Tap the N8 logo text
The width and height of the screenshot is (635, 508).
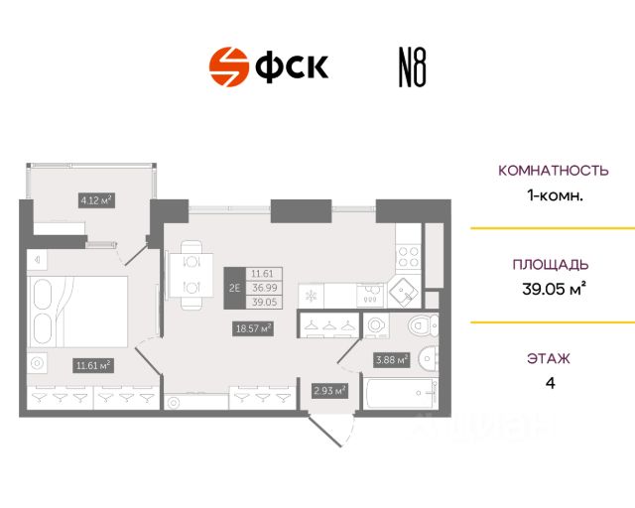pyautogui.click(x=411, y=67)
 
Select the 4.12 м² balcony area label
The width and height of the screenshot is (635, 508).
pyautogui.click(x=96, y=199)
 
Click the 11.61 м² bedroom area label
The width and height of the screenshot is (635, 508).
pyautogui.click(x=94, y=364)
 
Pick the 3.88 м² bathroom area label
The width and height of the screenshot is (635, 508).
pyautogui.click(x=391, y=360)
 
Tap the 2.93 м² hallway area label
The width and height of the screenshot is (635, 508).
pyautogui.click(x=329, y=391)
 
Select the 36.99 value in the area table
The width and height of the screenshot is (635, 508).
pyautogui.click(x=263, y=288)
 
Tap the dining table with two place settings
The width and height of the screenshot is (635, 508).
pyautogui.click(x=189, y=275)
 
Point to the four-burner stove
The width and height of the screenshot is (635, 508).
pyautogui.click(x=408, y=257)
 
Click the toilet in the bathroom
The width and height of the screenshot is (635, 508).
pyautogui.click(x=422, y=325)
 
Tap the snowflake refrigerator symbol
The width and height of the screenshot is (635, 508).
pyautogui.click(x=309, y=296)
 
